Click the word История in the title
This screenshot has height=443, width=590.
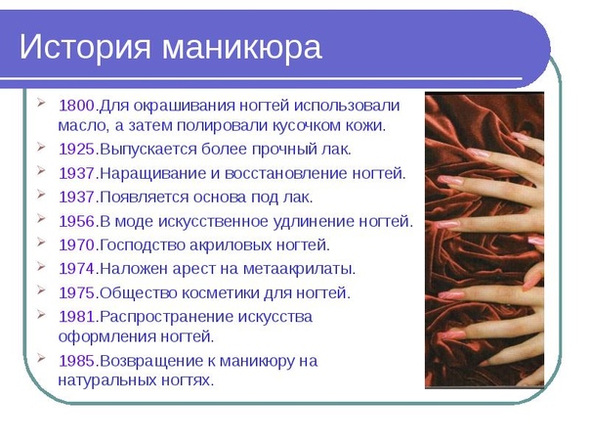pos(85,47)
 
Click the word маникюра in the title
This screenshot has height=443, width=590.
pos(242,48)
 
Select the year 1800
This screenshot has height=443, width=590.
pos(77,105)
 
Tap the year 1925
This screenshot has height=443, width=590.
pos(77,150)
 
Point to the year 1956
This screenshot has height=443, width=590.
pos(77,221)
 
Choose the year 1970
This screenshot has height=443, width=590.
pos(77,245)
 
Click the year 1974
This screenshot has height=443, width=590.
pos(77,269)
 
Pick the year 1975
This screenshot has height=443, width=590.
pos(77,293)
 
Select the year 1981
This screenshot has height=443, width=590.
pos(77,317)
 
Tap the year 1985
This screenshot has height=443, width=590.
pos(77,361)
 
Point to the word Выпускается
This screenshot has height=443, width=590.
pos(148,151)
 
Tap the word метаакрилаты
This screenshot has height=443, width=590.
pos(299,270)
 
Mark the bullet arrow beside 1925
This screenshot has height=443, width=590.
pos(41,147)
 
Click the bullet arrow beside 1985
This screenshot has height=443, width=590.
pos(41,358)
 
